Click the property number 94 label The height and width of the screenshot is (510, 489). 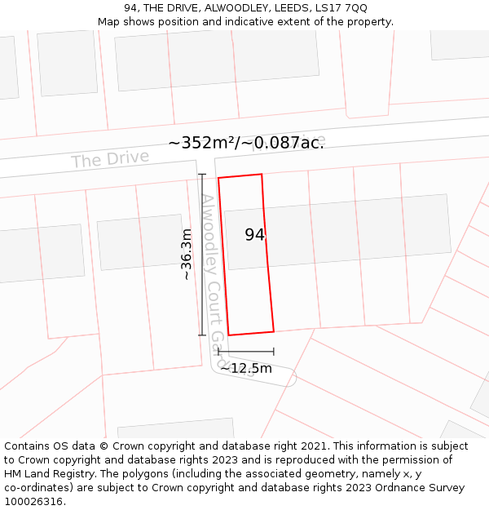(x=254, y=235)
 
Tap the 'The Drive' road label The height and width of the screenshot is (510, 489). (x=110, y=158)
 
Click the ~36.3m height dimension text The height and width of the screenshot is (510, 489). (x=187, y=254)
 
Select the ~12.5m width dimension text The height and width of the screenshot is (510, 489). (x=245, y=368)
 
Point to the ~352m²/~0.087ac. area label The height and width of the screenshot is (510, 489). (x=246, y=143)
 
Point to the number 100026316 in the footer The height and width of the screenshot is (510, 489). (x=33, y=502)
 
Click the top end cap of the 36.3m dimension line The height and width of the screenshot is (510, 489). (x=202, y=175)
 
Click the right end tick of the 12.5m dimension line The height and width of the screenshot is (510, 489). (x=274, y=352)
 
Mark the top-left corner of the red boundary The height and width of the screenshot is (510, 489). (x=218, y=178)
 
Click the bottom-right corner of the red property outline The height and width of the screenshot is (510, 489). (x=274, y=330)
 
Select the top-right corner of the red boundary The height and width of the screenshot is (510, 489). (x=262, y=174)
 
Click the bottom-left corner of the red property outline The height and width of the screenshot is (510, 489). (x=228, y=335)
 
